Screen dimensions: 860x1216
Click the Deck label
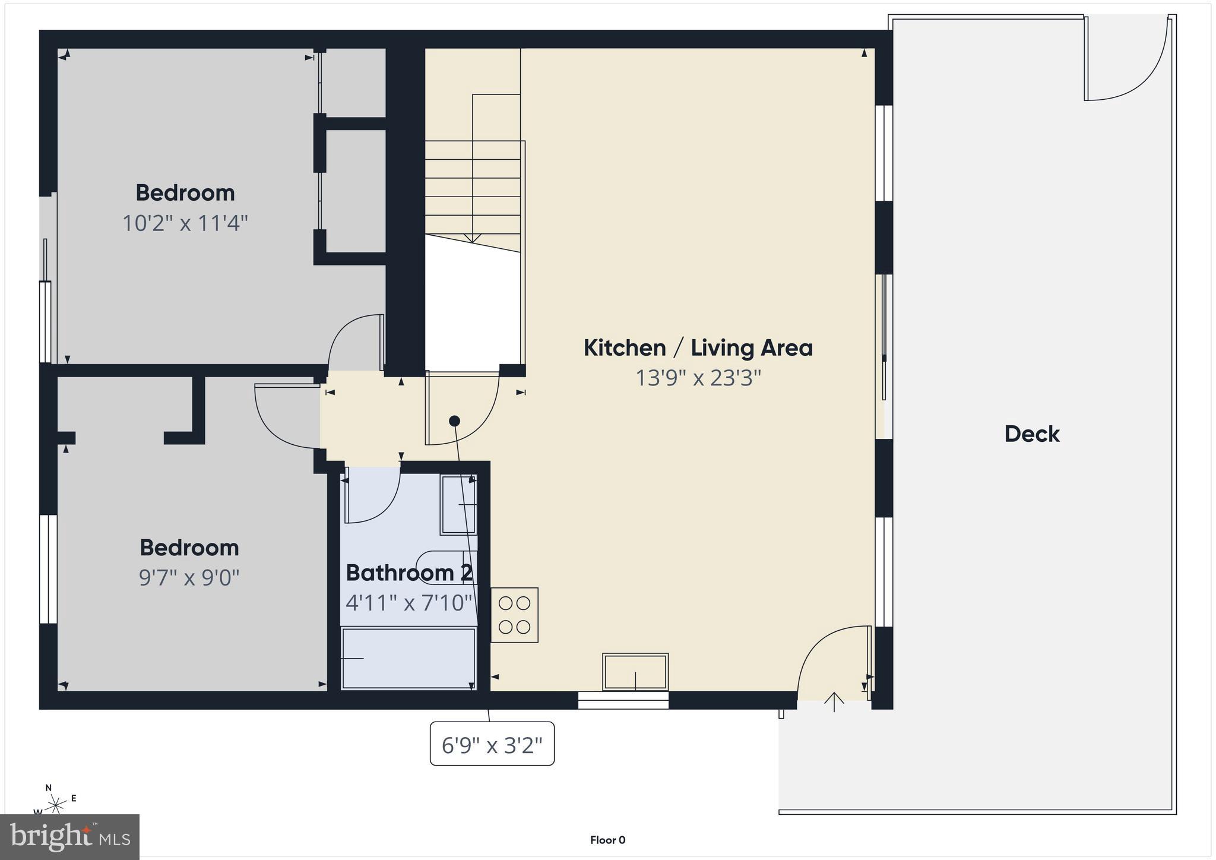1032,434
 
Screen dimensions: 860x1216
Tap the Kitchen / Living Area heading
698,348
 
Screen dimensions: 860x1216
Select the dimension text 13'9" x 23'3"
698,378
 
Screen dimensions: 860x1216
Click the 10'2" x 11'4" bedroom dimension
185,224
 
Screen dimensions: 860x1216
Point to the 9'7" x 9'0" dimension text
189,577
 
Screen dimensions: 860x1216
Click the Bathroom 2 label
409,573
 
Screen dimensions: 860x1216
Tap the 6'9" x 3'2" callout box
492,744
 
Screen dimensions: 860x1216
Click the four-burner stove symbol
514,615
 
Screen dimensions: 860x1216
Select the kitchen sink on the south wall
635,672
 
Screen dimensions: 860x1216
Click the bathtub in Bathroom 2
408,658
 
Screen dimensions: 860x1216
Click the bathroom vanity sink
458,505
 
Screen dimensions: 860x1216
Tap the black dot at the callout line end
454,421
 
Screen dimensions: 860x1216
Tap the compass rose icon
56,805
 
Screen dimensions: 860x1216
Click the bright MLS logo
70,837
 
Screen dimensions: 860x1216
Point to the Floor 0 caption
607,840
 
